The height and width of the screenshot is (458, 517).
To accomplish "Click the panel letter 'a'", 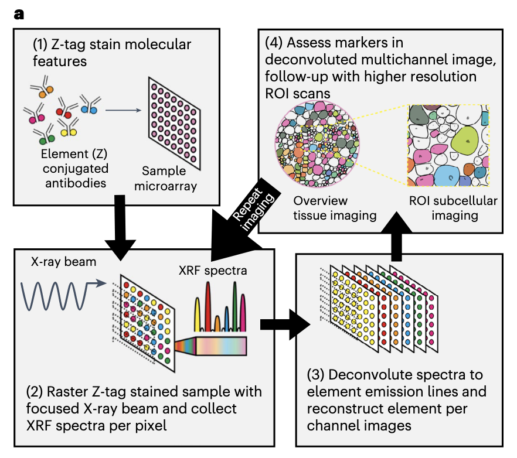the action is tap(19, 15).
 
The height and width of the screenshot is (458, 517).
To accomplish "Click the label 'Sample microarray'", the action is tap(165, 178).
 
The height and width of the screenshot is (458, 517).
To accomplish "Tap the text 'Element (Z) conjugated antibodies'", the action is tap(75, 168).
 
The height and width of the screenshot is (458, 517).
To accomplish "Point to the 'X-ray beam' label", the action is tap(64, 262).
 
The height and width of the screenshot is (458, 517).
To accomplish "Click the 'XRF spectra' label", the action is tap(213, 271).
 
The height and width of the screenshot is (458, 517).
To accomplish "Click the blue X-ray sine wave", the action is tap(63, 296).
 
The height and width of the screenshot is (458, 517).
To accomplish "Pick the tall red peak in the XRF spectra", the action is tap(208, 306).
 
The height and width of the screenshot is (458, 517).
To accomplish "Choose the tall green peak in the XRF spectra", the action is tap(234, 306).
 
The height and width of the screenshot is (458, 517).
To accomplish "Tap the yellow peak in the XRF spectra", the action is tap(197, 315).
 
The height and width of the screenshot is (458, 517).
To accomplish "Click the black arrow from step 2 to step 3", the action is tap(285, 324).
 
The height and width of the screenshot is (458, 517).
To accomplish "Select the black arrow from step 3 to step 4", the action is tap(396, 237).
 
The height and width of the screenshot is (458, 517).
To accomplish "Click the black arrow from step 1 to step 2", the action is tap(120, 228).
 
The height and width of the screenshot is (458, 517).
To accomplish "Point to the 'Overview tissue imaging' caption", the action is tap(335, 208).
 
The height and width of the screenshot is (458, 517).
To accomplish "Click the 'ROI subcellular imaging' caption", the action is tap(453, 208).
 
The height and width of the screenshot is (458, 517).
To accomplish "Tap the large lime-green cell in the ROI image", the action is tap(465, 140).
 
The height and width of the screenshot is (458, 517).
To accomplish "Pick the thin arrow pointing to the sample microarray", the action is tap(123, 110).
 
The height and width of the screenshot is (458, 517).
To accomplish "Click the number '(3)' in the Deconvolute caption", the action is tap(315, 375).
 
